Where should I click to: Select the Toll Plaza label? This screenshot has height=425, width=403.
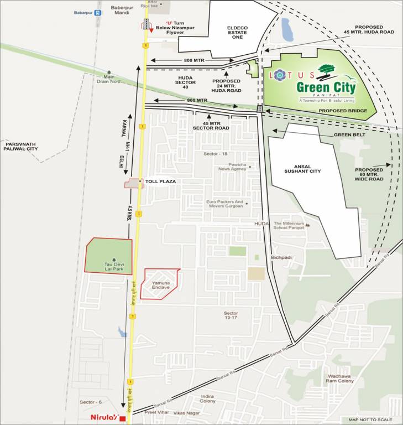coord(160,182)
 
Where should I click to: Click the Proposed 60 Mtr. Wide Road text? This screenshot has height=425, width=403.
coord(369,174)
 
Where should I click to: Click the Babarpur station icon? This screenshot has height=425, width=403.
coord(97,12)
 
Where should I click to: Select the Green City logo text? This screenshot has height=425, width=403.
coord(326,87)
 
